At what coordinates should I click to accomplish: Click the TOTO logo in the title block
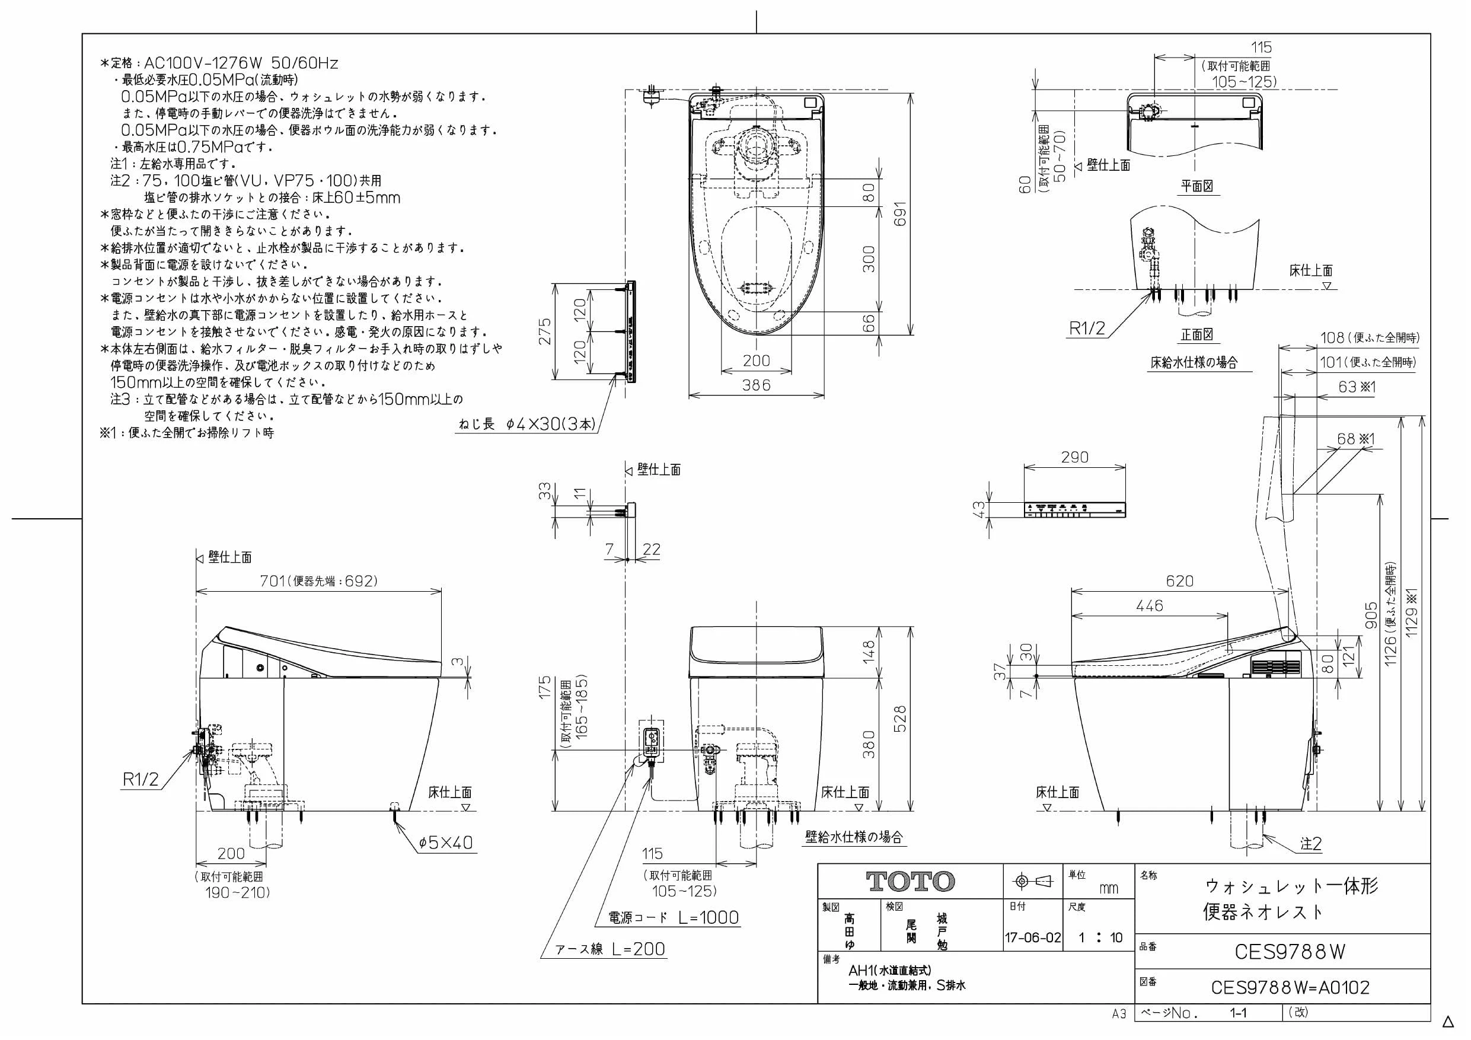point(910,882)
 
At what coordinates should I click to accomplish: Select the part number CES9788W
point(1290,952)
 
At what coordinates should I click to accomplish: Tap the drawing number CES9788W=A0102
point(1290,987)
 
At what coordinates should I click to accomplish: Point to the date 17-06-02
point(1033,937)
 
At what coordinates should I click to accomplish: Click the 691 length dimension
point(900,214)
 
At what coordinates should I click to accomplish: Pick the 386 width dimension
point(756,385)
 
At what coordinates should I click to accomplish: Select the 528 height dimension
point(900,719)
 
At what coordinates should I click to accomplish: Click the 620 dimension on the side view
point(1179,580)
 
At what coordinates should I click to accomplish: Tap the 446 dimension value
point(1150,605)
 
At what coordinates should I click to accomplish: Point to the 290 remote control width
point(1074,457)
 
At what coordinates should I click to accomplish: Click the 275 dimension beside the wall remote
point(544,331)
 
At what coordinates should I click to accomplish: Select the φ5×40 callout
point(446,842)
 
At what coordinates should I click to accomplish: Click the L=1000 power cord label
point(709,918)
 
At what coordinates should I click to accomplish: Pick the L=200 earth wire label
point(638,949)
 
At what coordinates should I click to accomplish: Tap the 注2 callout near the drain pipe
point(1311,844)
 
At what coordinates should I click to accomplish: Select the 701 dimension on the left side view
point(272,580)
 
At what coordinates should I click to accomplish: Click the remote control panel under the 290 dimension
point(1074,509)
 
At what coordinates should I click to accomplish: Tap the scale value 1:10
point(1100,937)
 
